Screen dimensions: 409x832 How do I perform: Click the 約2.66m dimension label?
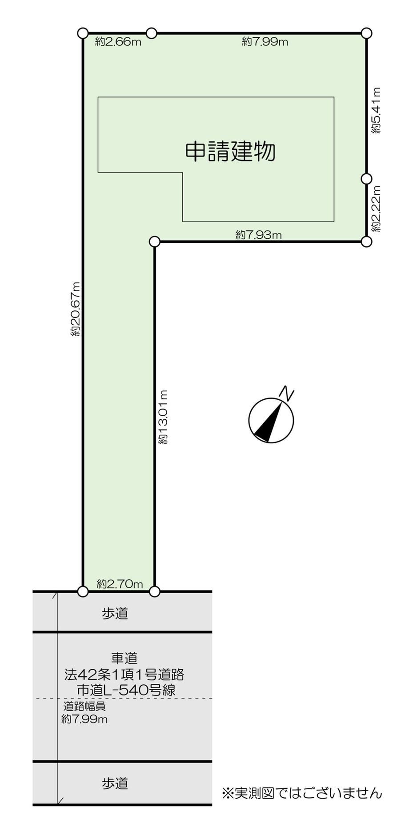pyautogui.click(x=118, y=42)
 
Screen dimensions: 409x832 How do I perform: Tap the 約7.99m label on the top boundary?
pyautogui.click(x=265, y=42)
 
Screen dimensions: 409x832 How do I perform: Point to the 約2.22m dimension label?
pyautogui.click(x=377, y=208)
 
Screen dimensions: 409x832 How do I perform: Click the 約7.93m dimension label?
pyautogui.click(x=258, y=235)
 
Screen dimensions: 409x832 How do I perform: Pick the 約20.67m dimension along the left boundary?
pyautogui.click(x=76, y=309)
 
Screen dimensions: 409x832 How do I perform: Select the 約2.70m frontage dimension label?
pyautogui.click(x=120, y=584)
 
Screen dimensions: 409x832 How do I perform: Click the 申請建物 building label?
pyautogui.click(x=230, y=152)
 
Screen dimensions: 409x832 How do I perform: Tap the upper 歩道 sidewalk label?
pyautogui.click(x=115, y=613)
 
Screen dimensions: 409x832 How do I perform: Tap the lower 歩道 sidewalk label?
pyautogui.click(x=115, y=783)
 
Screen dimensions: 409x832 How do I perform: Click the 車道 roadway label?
pyautogui.click(x=124, y=658)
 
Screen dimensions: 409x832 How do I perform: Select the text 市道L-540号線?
pyautogui.click(x=126, y=690)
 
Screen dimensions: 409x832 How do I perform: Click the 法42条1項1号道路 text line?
pyautogui.click(x=124, y=675)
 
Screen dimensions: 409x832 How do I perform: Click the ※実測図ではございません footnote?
pyautogui.click(x=302, y=793)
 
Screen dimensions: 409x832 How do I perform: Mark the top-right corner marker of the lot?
pyautogui.click(x=366, y=33)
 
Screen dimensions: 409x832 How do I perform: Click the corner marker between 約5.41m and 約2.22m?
pyautogui.click(x=366, y=178)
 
